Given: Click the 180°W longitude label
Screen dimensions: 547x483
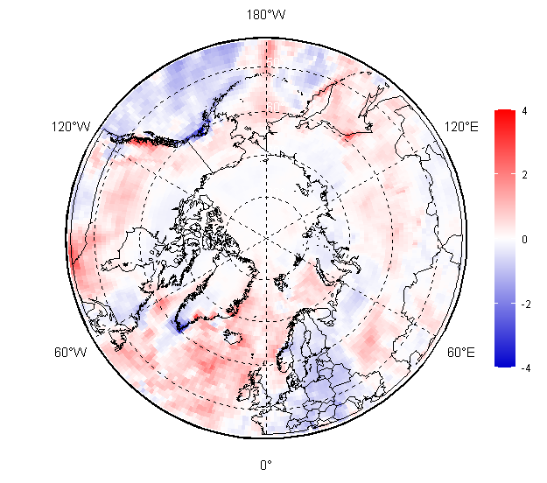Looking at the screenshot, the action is pos(266,15).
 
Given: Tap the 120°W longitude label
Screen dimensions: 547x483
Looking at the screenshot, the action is pos(71,127).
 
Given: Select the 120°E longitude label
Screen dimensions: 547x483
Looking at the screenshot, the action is pos(461,127).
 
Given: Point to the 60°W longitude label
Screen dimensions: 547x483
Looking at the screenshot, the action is pos(71,353).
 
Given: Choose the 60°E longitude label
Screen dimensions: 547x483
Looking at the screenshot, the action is pos(461,353).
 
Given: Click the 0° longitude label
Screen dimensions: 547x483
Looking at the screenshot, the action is pos(266,465).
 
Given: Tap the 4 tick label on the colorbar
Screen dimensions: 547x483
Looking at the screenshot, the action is pos(524,111).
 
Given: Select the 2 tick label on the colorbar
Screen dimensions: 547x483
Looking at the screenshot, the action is pos(524,175).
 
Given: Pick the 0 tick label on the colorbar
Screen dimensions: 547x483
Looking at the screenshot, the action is pos(524,239).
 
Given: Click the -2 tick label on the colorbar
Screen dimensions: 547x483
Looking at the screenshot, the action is pos(526,304).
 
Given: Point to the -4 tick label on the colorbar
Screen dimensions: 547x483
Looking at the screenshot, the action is pos(526,367).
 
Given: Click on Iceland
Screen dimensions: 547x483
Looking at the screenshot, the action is pos(233,337).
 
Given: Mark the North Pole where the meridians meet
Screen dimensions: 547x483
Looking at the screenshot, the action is pos(267,238).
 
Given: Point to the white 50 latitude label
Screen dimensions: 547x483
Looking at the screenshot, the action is pos(276,62).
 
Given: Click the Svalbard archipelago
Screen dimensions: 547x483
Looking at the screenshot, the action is pos(281,282).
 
